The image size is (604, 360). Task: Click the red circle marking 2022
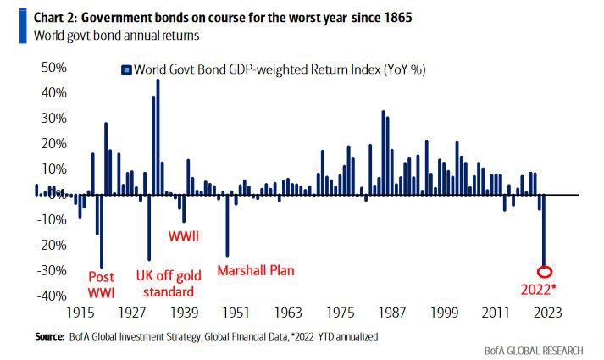coord(545,272)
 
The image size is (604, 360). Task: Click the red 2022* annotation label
coord(546,288)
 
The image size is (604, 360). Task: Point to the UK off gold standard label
coord(171,284)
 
